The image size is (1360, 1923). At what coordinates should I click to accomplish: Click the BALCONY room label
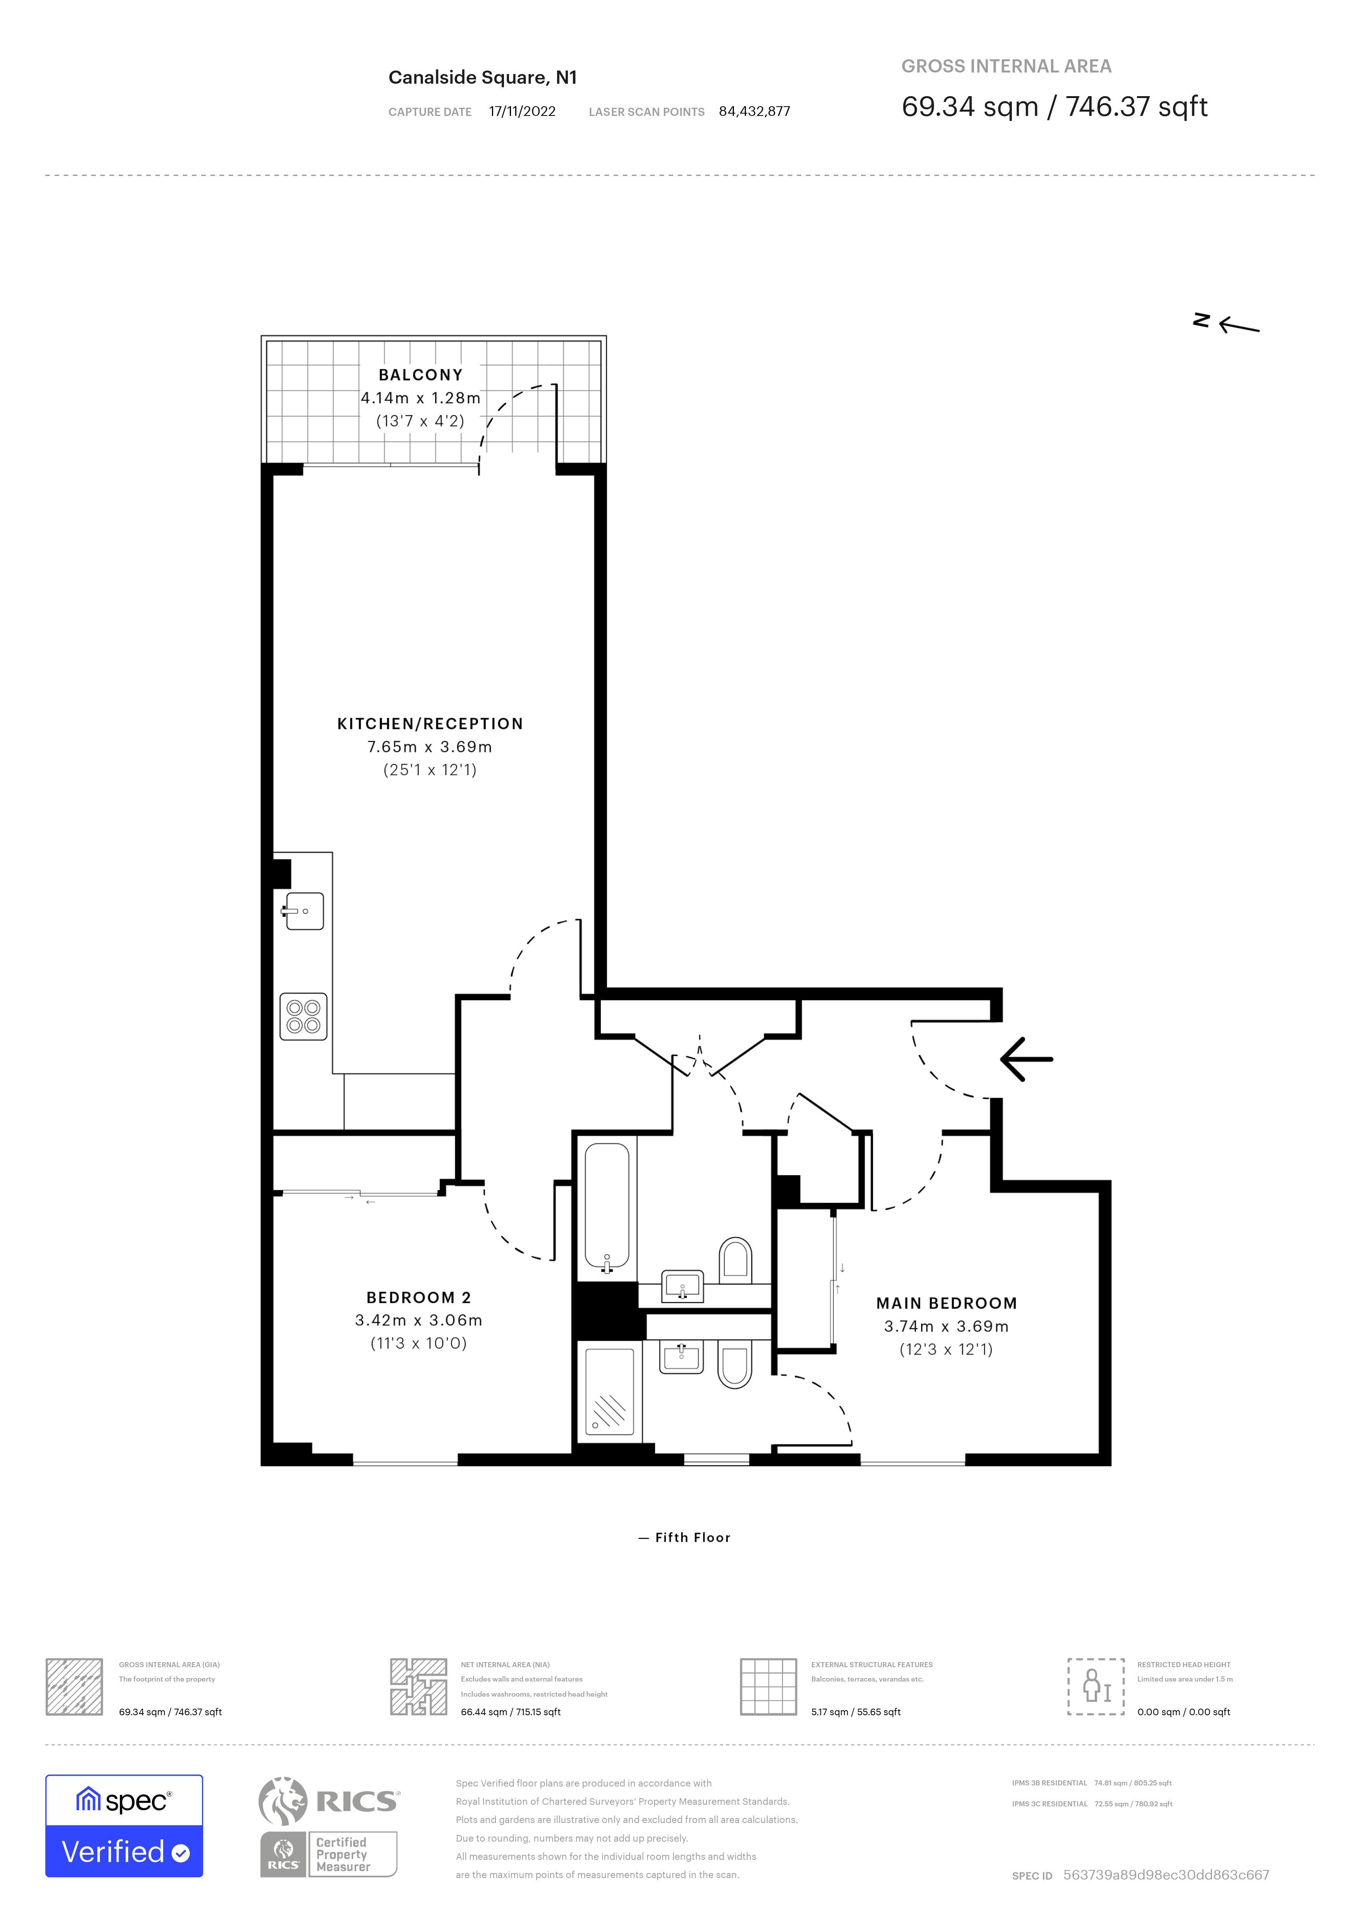420,375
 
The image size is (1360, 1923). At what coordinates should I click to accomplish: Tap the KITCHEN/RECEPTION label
430,724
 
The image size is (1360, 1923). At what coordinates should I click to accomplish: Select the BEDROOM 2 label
419,1297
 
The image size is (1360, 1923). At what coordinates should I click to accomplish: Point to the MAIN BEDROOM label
946,1303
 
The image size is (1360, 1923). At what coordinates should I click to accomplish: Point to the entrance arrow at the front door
1026,1059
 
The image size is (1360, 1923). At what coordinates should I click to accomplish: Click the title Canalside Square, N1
482,78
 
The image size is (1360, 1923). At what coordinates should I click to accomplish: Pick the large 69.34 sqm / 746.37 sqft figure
1053,107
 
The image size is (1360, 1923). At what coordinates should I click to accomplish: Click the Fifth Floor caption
692,1538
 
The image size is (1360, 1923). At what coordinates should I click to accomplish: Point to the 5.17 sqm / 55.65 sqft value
855,1712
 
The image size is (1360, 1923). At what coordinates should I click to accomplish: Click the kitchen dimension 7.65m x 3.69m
430,747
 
